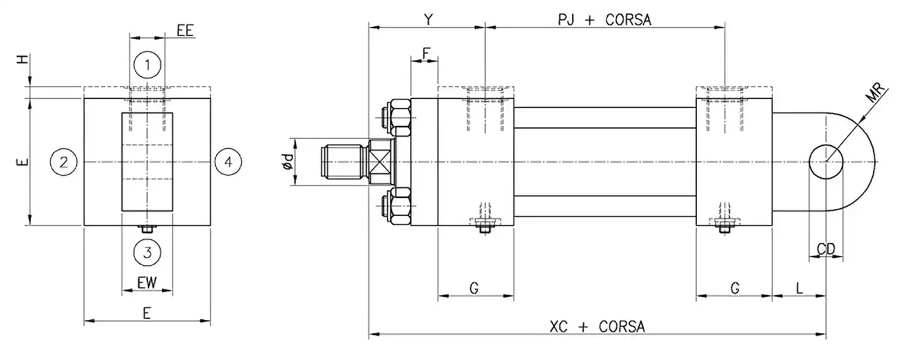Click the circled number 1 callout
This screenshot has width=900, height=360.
point(147,64)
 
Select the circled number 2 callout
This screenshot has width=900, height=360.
point(64,161)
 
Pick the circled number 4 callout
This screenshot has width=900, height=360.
point(228,161)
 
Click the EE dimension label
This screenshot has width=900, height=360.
point(185,30)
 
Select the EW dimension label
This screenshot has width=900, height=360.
point(147,282)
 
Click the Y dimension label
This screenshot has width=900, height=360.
point(428,19)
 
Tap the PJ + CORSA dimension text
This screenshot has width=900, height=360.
point(604,19)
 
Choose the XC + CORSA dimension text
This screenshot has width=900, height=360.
point(597,327)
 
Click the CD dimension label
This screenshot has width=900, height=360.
point(825,249)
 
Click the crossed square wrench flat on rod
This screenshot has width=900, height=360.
point(379,162)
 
